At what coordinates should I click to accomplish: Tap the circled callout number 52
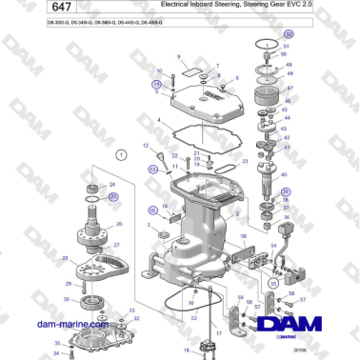click(x=290, y=33)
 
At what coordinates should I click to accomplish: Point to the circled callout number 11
click(x=157, y=84)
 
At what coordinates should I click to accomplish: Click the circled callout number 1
click(x=121, y=154)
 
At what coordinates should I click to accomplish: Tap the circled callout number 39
click(x=285, y=192)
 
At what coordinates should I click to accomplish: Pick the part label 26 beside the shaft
click(x=119, y=225)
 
